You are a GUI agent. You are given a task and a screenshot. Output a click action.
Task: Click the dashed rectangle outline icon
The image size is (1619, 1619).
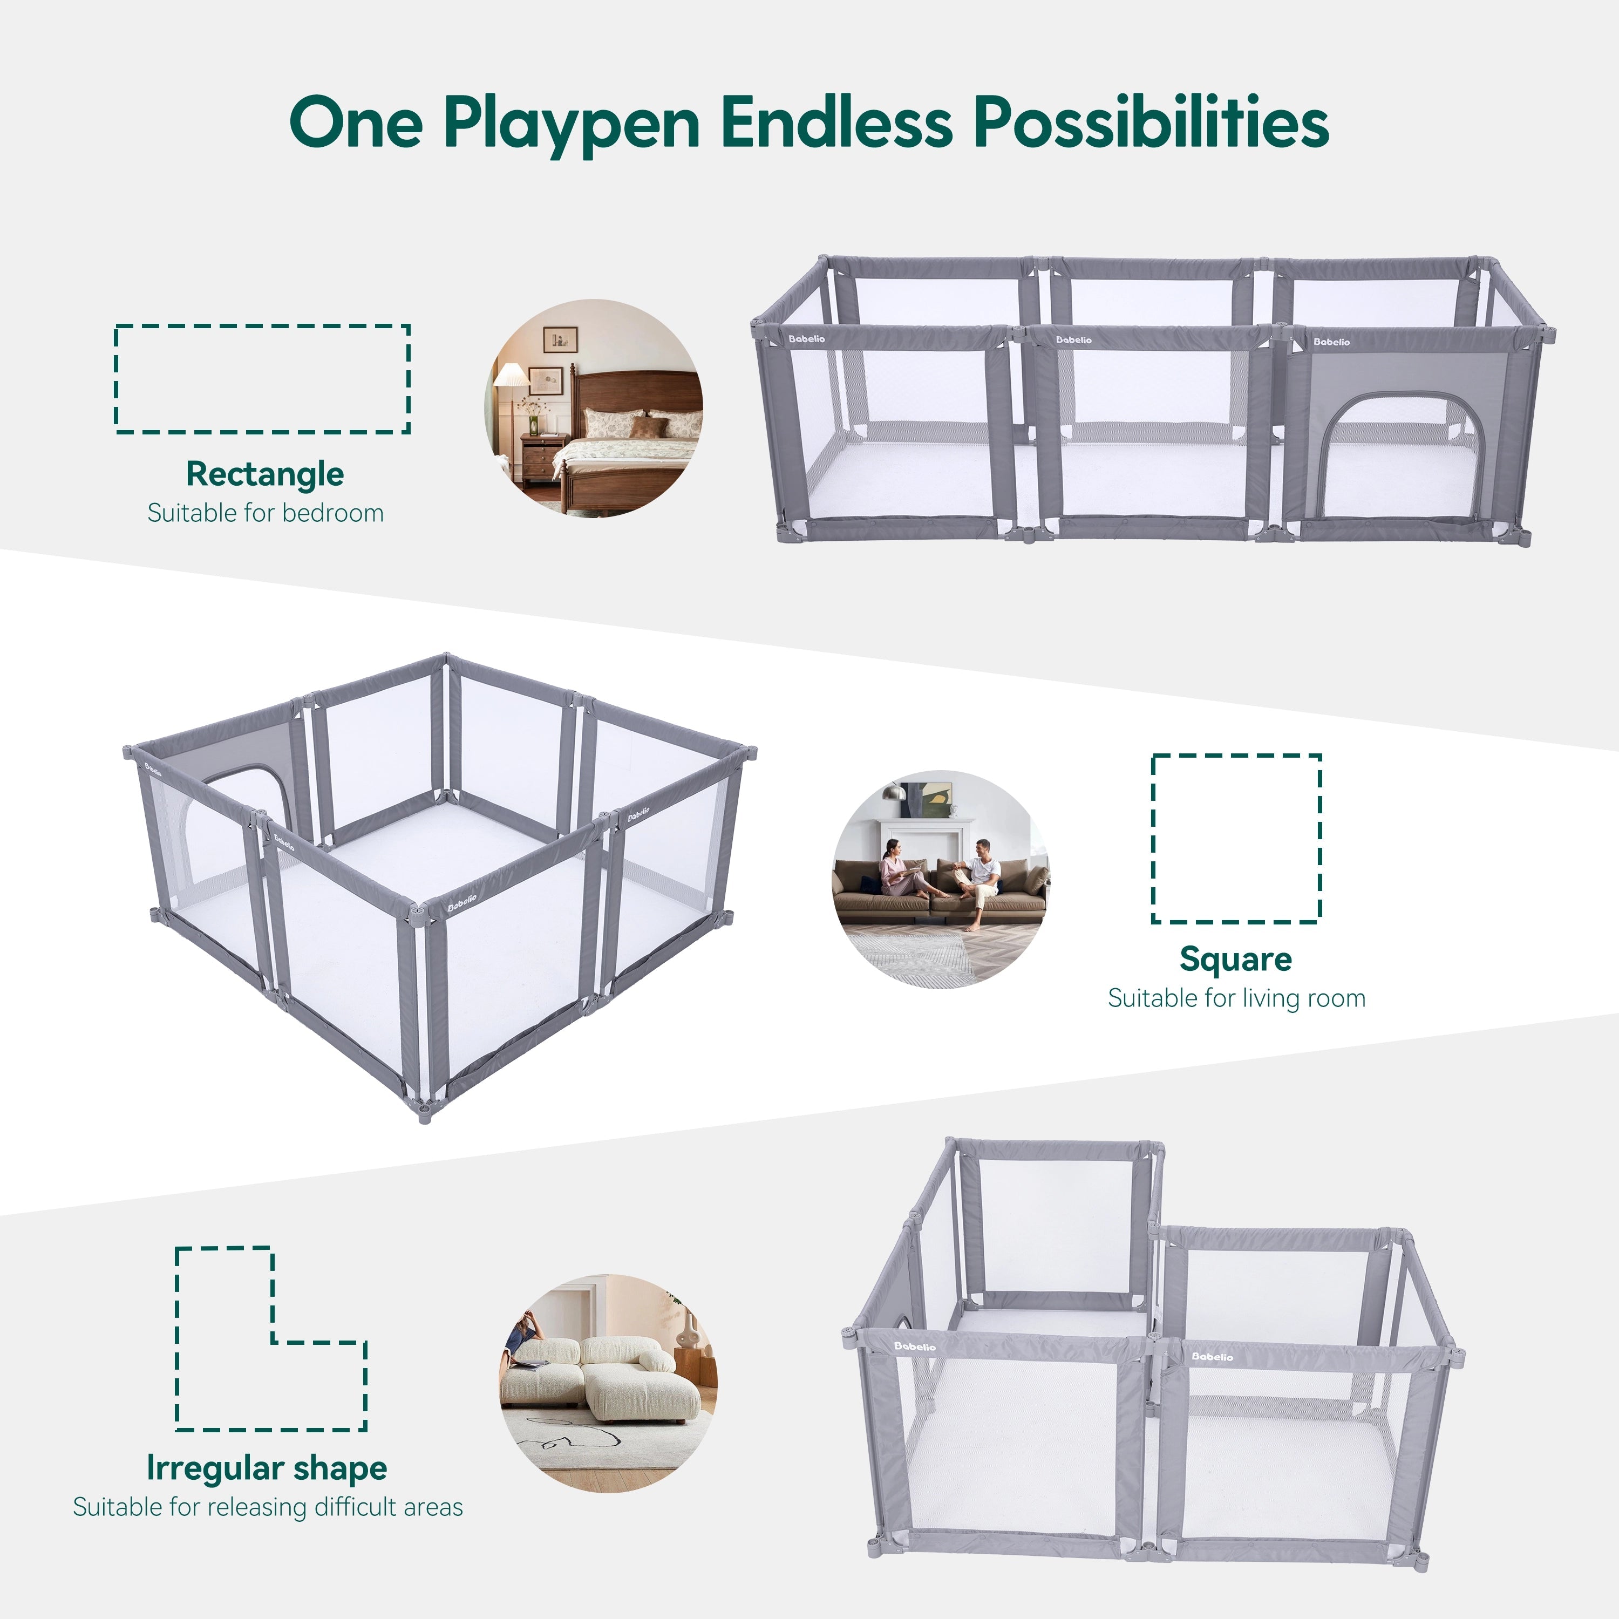[x=262, y=379]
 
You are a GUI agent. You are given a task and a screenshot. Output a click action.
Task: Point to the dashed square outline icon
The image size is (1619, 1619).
[x=1236, y=839]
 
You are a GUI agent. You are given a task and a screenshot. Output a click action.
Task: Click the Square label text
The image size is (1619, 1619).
[x=1236, y=958]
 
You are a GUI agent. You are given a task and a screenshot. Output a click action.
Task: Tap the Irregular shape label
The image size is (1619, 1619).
[x=267, y=1468]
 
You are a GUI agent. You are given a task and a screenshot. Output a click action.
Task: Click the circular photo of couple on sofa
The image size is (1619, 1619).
[x=940, y=878]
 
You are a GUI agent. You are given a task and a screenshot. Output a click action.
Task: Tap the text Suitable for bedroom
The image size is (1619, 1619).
[x=266, y=513]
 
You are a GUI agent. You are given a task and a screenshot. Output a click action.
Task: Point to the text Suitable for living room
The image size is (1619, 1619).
[x=1236, y=998]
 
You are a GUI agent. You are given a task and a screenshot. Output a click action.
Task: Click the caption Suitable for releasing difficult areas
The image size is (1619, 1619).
[x=267, y=1507]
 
